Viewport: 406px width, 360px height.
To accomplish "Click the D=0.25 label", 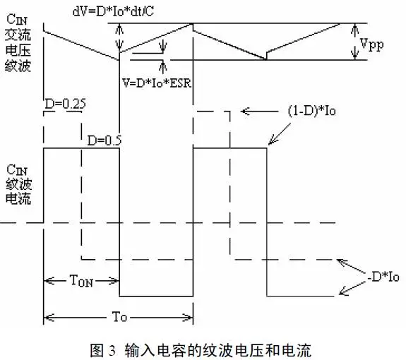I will (x=65, y=104).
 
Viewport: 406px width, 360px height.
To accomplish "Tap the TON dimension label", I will (x=80, y=280).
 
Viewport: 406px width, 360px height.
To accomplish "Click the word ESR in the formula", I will (x=181, y=80).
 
